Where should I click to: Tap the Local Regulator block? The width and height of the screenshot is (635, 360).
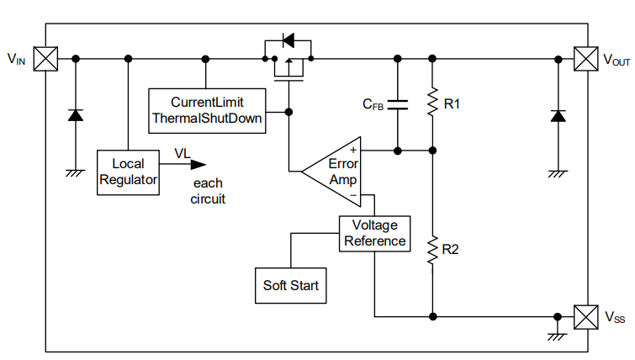click(128, 172)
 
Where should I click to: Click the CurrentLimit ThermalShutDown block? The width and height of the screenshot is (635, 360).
click(207, 109)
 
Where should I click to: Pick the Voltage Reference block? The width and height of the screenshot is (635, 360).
click(374, 233)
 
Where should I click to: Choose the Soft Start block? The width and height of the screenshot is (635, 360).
click(290, 285)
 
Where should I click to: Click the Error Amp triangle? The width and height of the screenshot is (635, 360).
click(336, 172)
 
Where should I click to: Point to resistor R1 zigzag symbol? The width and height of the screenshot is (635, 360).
click(432, 103)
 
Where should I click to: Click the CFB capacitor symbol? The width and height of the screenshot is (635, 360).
click(398, 104)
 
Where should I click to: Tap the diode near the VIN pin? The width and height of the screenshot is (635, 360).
click(76, 115)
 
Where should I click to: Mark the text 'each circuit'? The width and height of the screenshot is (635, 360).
click(209, 192)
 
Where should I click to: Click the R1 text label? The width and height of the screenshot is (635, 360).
click(452, 104)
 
